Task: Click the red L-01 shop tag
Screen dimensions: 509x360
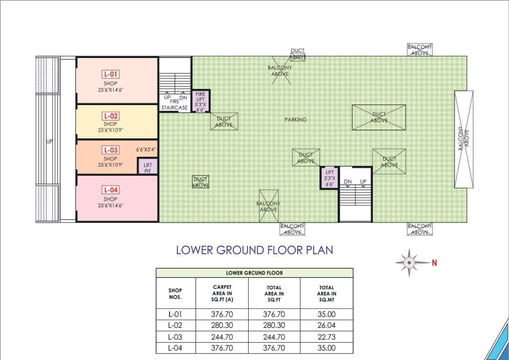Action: click(111, 74)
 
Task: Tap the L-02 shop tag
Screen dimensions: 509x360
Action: click(111, 116)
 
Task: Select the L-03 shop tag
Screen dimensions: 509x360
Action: click(111, 150)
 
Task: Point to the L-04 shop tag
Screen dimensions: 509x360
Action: click(111, 189)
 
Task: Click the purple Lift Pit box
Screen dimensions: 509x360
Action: click(148, 167)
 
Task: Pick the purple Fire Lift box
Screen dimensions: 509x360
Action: click(201, 101)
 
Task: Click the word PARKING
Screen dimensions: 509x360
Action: click(295, 119)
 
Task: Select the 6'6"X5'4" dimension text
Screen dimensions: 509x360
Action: click(146, 150)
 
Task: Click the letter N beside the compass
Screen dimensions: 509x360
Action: click(434, 263)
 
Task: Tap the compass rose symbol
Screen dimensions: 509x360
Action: click(410, 262)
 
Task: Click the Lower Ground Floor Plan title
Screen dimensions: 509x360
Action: click(255, 250)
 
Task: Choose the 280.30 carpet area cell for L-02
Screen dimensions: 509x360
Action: click(222, 326)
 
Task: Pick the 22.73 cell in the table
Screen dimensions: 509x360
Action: click(326, 337)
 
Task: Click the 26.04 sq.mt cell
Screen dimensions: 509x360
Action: click(326, 326)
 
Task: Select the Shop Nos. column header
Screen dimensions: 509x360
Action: click(175, 293)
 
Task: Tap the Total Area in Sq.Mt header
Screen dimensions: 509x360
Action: click(327, 293)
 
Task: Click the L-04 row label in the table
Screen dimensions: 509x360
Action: click(175, 348)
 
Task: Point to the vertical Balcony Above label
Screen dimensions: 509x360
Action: click(464, 140)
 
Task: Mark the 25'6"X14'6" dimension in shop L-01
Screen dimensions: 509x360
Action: click(111, 90)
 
